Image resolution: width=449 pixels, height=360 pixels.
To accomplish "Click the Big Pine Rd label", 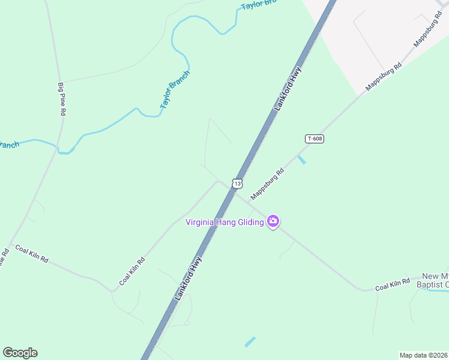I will [x=61, y=99].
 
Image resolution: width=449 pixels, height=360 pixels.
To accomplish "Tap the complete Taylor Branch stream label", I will [x=175, y=89].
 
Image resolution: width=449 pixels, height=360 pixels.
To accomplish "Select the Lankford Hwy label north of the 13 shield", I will [x=288, y=89].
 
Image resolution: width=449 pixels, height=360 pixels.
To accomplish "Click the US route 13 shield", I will [x=238, y=183].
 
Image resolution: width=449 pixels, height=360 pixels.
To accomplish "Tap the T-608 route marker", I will [x=315, y=139].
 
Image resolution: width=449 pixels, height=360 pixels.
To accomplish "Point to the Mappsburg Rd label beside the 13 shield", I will [x=267, y=184].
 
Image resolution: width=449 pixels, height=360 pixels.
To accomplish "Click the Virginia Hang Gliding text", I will [x=224, y=223].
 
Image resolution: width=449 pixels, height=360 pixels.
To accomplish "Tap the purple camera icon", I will [x=273, y=222].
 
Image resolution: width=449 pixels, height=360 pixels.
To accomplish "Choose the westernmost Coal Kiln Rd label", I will [x=31, y=255].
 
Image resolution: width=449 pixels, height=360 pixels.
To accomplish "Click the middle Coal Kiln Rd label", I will [x=132, y=271].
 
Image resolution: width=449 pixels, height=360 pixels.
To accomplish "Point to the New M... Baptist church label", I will [x=435, y=279].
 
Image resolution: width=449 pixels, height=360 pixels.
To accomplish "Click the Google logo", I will [x=20, y=353].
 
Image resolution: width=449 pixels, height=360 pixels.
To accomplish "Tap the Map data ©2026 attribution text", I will [x=423, y=355].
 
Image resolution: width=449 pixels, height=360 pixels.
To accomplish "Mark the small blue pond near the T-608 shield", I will [x=301, y=160].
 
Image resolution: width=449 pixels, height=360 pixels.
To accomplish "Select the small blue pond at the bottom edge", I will [x=250, y=341].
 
